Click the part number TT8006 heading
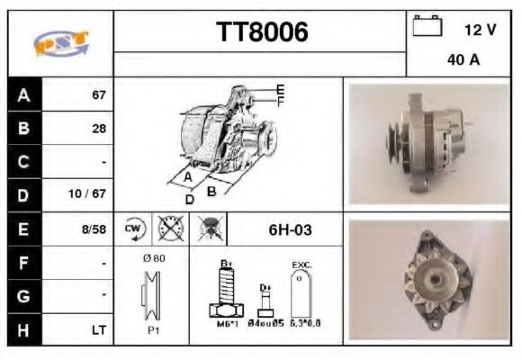click(x=262, y=32)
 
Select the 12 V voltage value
click(x=480, y=30)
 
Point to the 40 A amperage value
click(x=463, y=60)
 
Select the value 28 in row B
click(x=99, y=129)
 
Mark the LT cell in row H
click(x=98, y=330)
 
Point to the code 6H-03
click(x=290, y=229)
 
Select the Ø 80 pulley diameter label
click(x=153, y=258)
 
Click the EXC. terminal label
click(x=302, y=264)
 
